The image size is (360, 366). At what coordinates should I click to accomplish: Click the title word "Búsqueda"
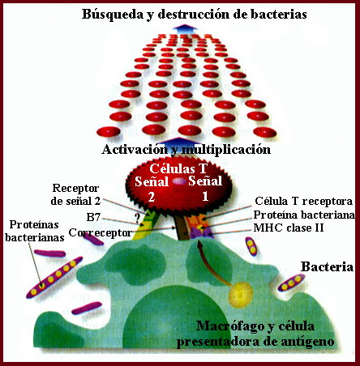tap(113, 15)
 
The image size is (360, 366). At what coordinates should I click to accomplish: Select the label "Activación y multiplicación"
tap(186, 149)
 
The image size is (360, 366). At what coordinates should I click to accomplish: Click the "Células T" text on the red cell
tap(178, 168)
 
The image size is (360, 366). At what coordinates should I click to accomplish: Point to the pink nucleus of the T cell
tap(178, 181)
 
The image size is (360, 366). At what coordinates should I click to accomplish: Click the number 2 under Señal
tap(151, 197)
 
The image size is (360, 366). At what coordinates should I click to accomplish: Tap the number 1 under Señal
tap(205, 196)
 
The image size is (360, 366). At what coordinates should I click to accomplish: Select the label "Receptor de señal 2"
tap(75, 194)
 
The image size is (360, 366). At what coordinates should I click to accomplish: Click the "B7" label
tap(93, 217)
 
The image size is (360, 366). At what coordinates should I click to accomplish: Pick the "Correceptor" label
tap(100, 232)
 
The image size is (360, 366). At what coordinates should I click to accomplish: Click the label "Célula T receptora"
tap(304, 201)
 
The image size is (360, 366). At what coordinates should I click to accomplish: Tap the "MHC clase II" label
tap(289, 228)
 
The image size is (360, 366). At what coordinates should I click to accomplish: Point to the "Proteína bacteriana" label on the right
tap(304, 215)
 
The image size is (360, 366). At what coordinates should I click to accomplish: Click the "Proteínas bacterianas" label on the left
tap(35, 231)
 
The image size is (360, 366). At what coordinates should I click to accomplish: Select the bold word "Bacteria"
tap(327, 266)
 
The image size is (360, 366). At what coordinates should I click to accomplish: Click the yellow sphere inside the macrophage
tap(240, 294)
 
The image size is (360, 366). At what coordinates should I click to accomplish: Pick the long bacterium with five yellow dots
tap(54, 277)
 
